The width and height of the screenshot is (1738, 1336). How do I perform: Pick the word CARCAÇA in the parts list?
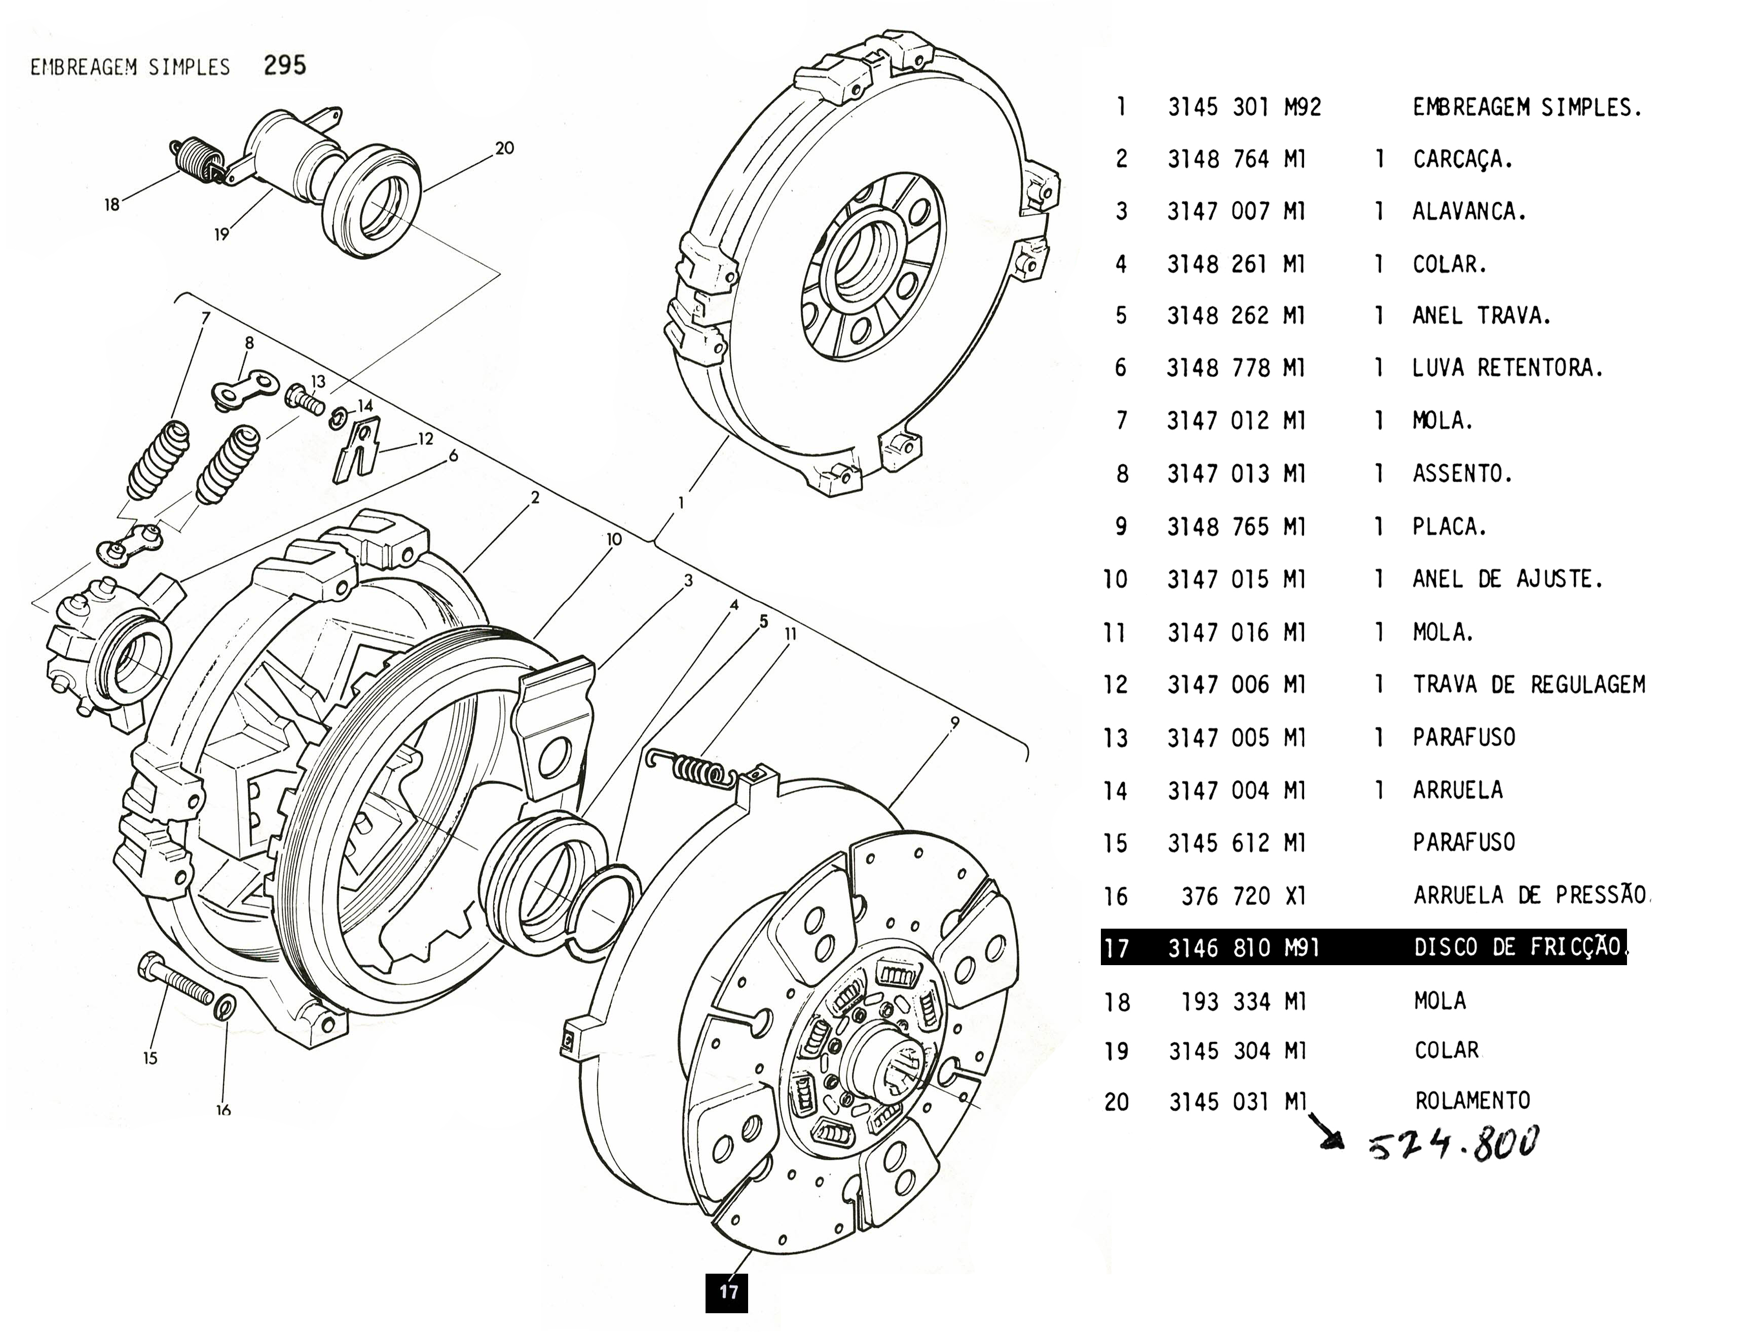coord(1461,160)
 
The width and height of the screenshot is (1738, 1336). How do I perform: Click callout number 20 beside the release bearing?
coord(504,148)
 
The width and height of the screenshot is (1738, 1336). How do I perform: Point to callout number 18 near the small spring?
coord(112,204)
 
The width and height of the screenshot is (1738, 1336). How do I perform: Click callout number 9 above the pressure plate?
coord(954,722)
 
